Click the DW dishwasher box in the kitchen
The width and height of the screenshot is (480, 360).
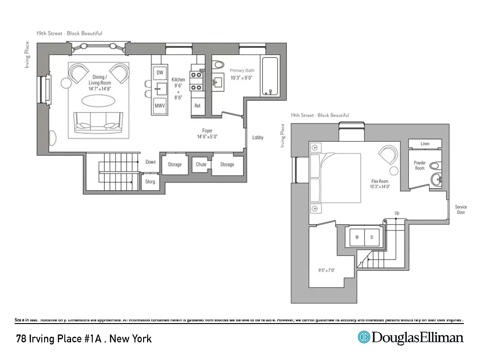[160, 72]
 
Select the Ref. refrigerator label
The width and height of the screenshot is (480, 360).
[197, 106]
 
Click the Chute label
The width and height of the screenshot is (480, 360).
[201, 164]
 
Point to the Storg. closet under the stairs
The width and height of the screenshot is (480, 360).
[150, 182]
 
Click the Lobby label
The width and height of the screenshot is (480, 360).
[258, 138]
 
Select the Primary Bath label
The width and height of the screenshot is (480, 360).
[242, 71]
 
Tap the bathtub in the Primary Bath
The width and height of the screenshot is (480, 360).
[270, 76]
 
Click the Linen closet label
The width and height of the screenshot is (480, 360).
[425, 144]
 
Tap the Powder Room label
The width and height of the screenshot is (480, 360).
[419, 166]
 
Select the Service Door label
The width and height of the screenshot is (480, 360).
[461, 209]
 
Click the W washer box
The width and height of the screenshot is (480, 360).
[357, 237]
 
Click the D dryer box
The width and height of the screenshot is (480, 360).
[372, 237]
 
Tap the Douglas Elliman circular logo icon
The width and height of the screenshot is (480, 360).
[363, 337]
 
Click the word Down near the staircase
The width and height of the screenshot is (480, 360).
[150, 162]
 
